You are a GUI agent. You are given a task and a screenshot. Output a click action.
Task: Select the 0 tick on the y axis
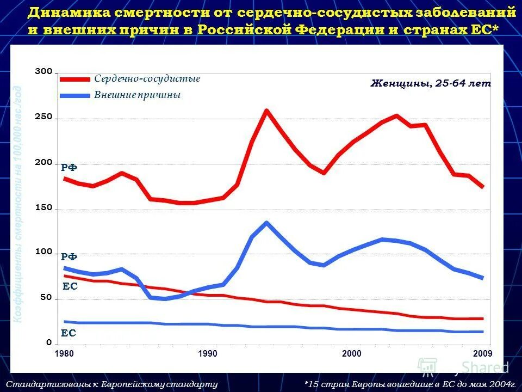49,344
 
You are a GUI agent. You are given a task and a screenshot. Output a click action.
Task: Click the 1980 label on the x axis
64,354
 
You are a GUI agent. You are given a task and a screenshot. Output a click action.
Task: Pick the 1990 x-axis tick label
208,354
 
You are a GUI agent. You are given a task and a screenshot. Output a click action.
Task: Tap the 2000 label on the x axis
352,354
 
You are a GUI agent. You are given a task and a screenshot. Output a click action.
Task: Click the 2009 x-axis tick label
482,354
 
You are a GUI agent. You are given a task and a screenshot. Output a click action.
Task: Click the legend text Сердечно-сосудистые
147,79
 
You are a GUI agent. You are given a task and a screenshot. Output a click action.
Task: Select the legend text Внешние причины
137,95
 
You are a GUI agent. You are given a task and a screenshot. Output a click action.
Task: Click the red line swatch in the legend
74,79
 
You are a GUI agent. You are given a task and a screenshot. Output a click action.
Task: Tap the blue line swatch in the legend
74,96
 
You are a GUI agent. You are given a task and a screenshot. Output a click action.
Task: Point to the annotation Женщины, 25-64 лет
431,84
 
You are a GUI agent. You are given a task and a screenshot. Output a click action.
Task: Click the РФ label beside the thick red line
69,168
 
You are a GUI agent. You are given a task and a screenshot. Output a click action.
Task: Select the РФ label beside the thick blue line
69,256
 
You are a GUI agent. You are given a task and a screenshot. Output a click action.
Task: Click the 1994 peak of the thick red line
266,111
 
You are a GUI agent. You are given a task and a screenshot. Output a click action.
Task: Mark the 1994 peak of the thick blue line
266,223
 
